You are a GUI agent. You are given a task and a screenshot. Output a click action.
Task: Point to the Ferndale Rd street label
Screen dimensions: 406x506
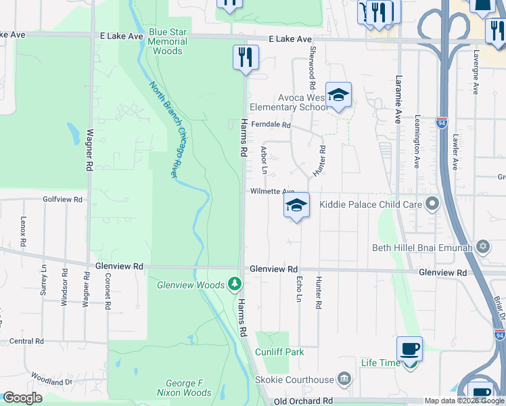point(271,125)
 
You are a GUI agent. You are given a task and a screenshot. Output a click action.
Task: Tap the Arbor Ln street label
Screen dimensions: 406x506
point(264,162)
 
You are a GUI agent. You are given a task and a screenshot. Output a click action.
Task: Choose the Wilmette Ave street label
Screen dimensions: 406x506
point(273,191)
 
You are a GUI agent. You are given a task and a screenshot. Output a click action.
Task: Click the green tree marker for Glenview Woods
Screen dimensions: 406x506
point(235,284)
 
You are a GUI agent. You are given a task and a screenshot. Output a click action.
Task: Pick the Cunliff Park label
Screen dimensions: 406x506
point(279,352)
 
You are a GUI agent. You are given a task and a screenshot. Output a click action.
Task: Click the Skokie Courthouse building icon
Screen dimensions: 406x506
point(344,379)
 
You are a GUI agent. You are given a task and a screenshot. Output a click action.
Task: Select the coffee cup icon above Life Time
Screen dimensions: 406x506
point(409,348)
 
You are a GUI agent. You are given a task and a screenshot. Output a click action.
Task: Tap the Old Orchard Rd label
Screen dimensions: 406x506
point(303,401)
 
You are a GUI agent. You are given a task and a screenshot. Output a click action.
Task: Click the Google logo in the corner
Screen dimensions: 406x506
point(22,398)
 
